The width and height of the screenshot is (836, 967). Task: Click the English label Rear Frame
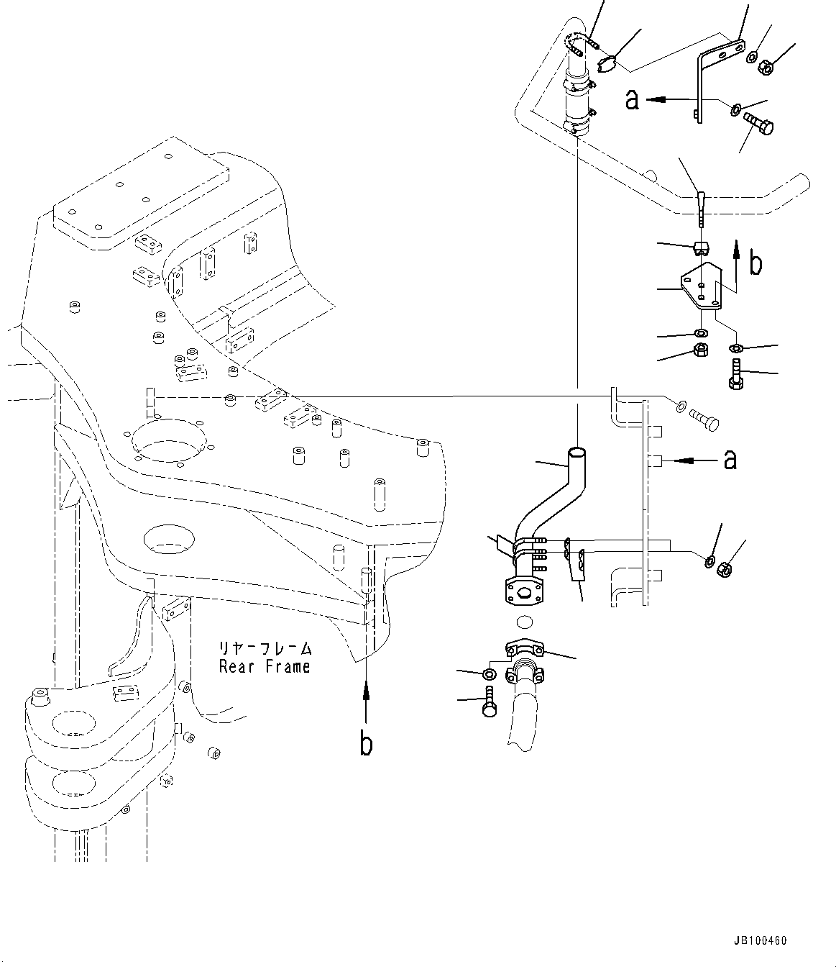265,666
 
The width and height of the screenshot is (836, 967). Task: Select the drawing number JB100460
761,940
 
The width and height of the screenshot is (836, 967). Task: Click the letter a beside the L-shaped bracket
632,100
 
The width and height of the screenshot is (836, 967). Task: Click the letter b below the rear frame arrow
366,745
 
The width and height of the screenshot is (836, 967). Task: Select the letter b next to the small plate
755,264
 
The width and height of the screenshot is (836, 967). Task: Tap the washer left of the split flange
488,673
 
